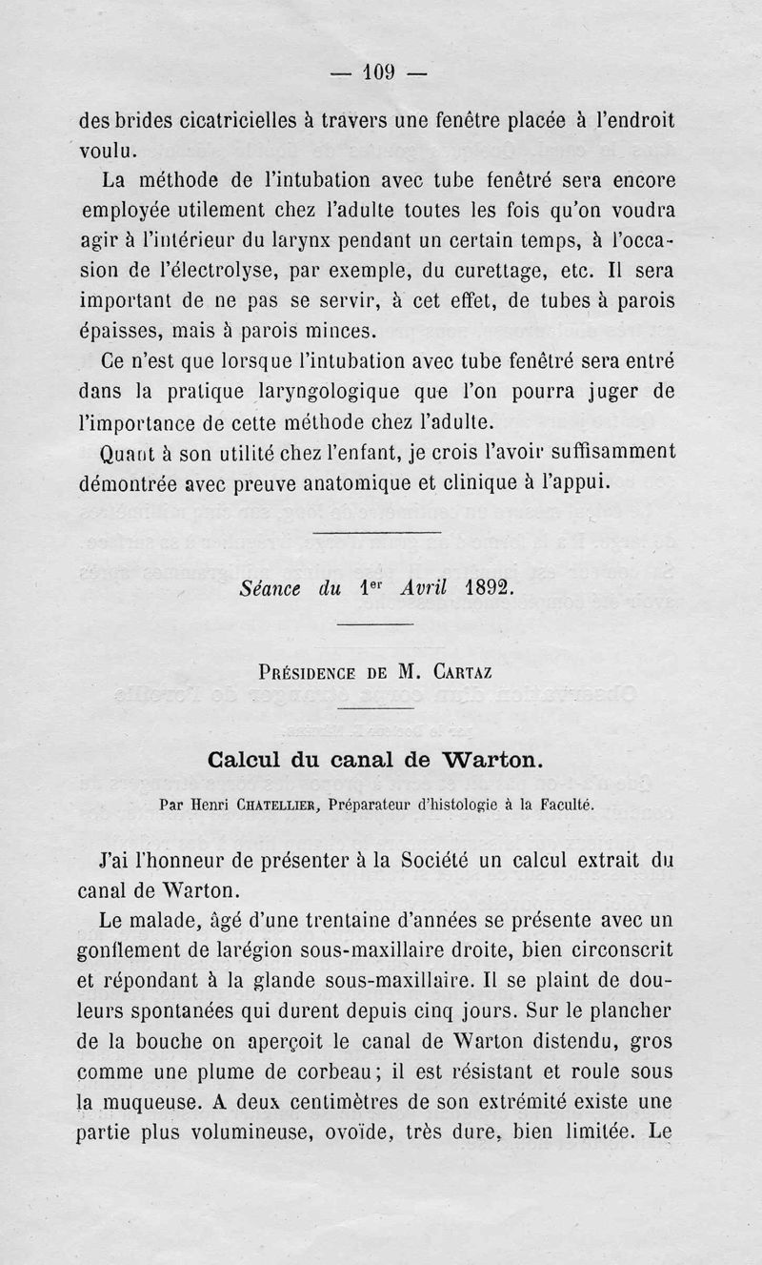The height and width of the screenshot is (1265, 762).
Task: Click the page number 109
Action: (x=381, y=71)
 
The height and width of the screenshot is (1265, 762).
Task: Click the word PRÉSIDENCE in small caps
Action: (x=307, y=670)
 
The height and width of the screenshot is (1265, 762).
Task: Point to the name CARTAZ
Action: (x=462, y=670)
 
